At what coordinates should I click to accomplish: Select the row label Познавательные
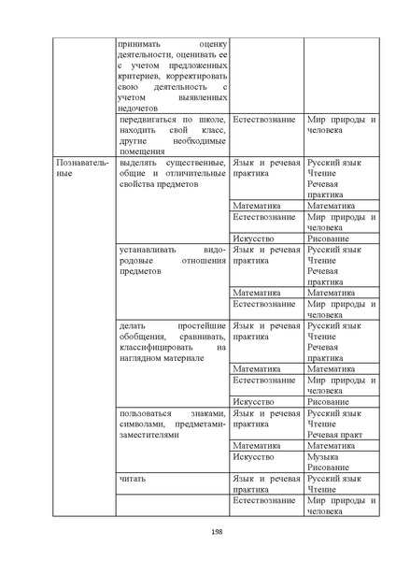point(82,168)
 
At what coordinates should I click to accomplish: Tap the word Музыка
point(324,456)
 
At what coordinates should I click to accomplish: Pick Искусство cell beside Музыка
point(253,456)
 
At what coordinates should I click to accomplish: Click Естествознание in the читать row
point(264,501)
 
